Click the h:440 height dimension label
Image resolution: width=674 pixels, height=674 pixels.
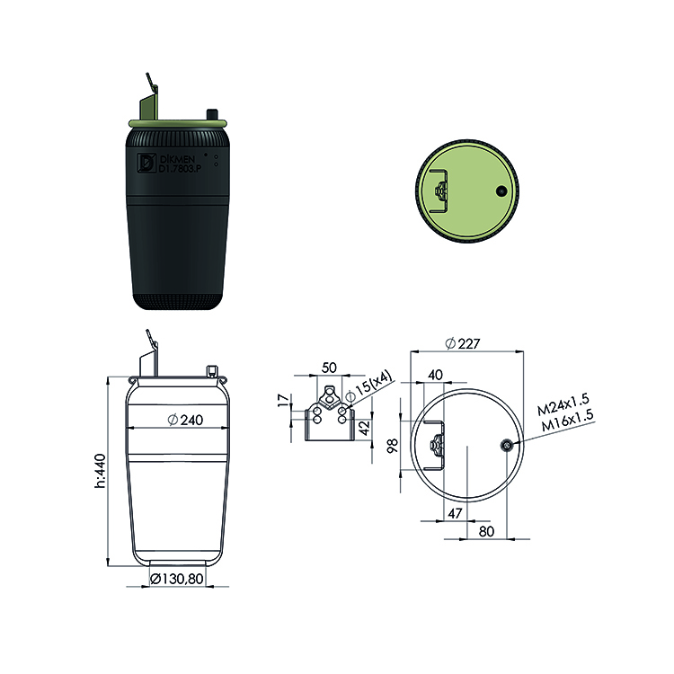100,471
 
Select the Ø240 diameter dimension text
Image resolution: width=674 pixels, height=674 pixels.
185,420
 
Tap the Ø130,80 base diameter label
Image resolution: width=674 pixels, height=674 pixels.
177,579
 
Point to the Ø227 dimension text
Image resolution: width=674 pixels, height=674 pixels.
463,343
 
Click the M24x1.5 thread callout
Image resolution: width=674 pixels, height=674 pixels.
563,405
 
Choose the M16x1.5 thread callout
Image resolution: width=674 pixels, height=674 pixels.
567,420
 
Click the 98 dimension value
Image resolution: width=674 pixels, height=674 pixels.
393,446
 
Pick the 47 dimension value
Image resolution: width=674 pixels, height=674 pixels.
455,513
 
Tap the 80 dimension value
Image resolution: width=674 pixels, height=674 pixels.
486,532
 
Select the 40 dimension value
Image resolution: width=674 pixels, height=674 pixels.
435,375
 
